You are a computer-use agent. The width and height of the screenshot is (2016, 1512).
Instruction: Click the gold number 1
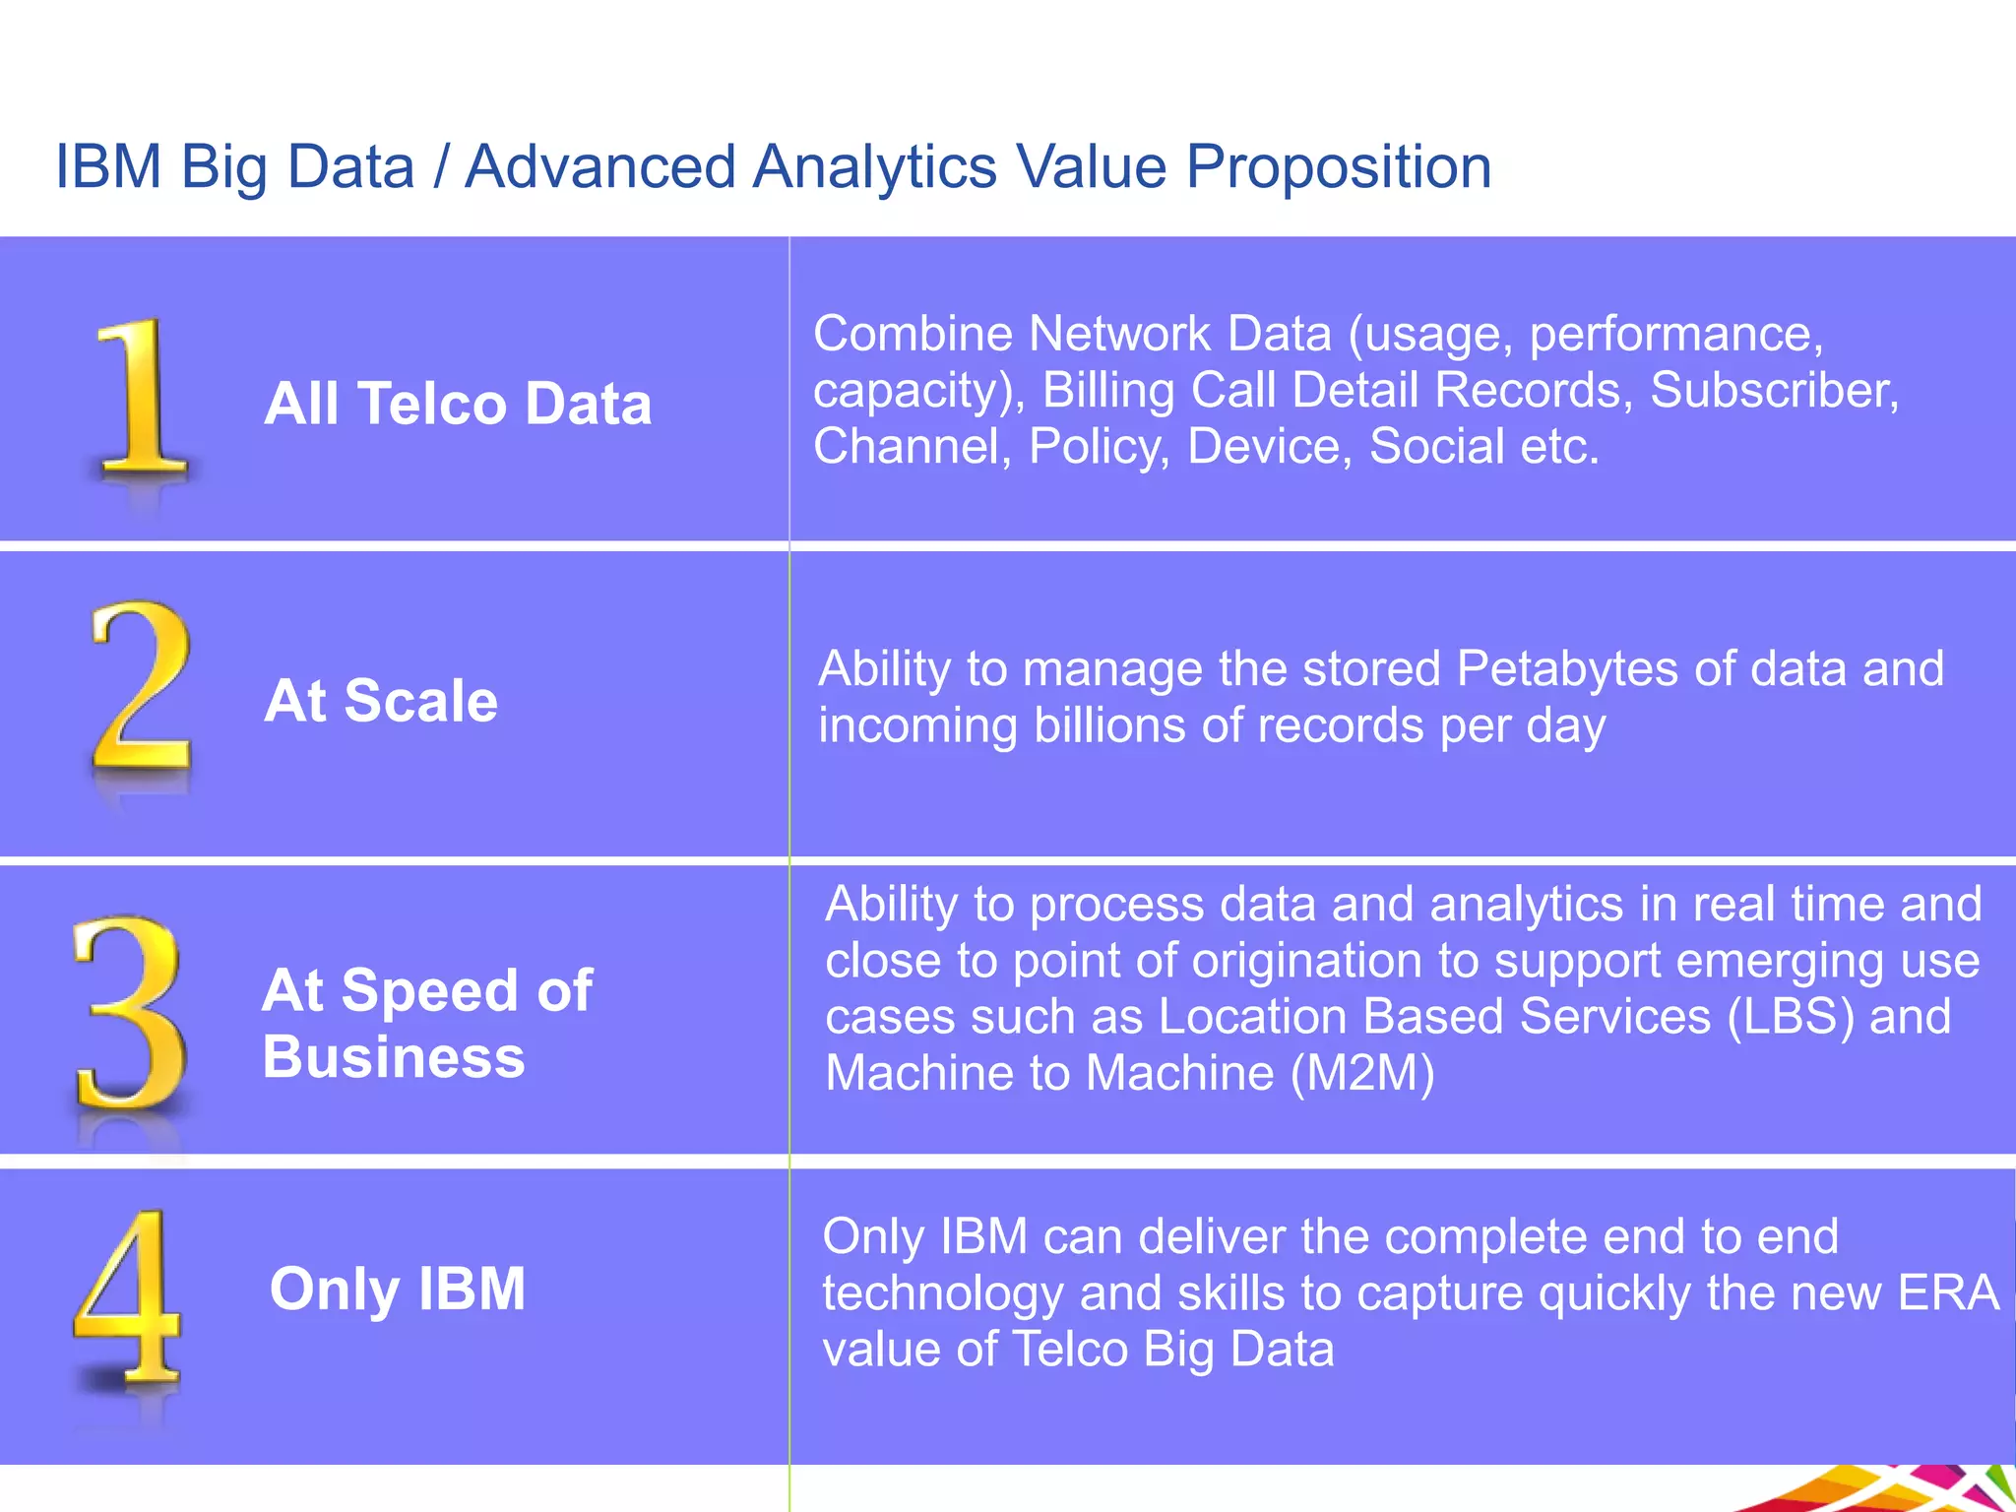coord(141,399)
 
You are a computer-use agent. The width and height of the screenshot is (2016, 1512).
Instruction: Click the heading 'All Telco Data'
coord(458,404)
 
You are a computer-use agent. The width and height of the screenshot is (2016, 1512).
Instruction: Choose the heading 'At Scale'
coord(381,701)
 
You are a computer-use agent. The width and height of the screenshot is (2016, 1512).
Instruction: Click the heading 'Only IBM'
coord(398,1289)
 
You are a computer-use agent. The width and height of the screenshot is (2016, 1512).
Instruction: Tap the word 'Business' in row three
coord(394,1057)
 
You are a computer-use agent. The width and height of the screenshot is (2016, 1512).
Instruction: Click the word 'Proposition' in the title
coord(1338,167)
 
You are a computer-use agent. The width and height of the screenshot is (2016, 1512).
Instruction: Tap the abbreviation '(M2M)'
coord(1362,1073)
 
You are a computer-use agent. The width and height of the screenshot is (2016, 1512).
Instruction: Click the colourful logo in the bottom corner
coord(1900,1490)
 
